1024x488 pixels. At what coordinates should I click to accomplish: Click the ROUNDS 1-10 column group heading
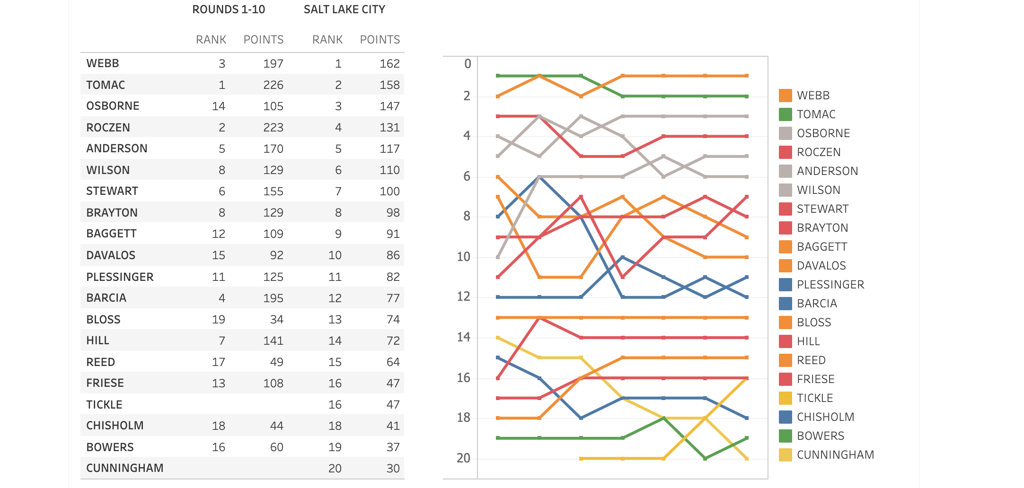[x=229, y=9]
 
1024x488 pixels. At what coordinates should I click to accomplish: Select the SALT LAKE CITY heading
[x=344, y=9]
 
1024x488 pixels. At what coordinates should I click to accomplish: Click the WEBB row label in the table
[x=103, y=63]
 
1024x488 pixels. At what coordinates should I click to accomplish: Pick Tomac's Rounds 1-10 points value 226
[x=273, y=85]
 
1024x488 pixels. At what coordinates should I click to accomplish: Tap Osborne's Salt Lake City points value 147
[x=389, y=106]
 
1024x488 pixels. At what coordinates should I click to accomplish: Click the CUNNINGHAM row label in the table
[x=125, y=468]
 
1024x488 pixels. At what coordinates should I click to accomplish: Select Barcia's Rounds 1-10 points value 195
[x=273, y=298]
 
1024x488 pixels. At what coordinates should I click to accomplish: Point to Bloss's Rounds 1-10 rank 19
[x=219, y=320]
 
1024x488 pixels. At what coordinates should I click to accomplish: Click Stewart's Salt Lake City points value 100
[x=389, y=192]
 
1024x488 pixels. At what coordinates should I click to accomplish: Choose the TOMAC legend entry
[x=816, y=114]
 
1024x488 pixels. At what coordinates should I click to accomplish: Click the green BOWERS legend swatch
[x=786, y=436]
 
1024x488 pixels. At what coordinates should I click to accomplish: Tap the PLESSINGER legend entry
[x=830, y=285]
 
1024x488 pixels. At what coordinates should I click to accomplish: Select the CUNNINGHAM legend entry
[x=835, y=455]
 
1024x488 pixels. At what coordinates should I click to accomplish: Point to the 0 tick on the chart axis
[x=468, y=64]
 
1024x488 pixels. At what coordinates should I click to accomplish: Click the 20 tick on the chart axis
[x=464, y=458]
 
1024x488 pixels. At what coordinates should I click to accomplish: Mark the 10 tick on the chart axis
[x=464, y=257]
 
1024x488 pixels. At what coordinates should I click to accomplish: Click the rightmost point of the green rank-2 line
[x=747, y=96]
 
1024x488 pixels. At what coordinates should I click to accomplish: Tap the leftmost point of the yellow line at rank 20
[x=581, y=459]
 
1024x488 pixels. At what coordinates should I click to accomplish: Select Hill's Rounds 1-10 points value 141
[x=273, y=341]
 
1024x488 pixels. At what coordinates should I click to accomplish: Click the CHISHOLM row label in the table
[x=115, y=426]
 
